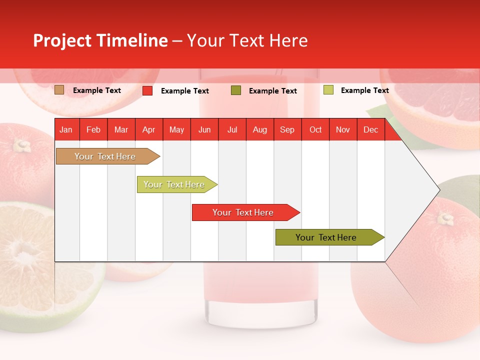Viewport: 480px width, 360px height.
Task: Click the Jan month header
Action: click(x=66, y=130)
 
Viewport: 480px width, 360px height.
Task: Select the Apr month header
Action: click(x=148, y=130)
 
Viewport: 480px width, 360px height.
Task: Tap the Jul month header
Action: click(x=232, y=130)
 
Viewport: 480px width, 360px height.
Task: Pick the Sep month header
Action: click(x=287, y=130)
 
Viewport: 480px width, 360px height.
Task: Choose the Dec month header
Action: click(x=370, y=130)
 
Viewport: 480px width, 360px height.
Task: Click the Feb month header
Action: click(x=93, y=130)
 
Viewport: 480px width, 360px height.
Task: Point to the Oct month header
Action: click(x=315, y=130)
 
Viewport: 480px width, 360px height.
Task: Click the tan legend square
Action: click(x=59, y=90)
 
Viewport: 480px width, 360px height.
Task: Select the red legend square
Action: click(x=147, y=90)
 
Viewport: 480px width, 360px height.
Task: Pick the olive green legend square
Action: click(x=236, y=90)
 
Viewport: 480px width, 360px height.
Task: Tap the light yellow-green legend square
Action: click(x=328, y=90)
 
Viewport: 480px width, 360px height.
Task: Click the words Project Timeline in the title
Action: click(x=100, y=40)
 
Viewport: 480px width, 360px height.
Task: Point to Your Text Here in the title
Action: click(x=247, y=40)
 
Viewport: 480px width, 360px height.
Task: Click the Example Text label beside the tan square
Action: click(x=97, y=90)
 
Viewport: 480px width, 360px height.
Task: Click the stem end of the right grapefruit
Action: click(x=444, y=218)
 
